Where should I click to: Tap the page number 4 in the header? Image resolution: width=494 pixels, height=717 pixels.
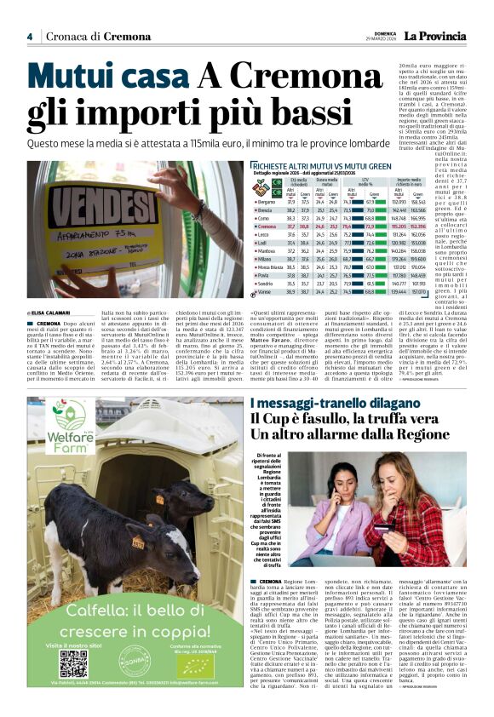(29, 37)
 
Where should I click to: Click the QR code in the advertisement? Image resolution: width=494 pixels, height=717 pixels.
(74, 662)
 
